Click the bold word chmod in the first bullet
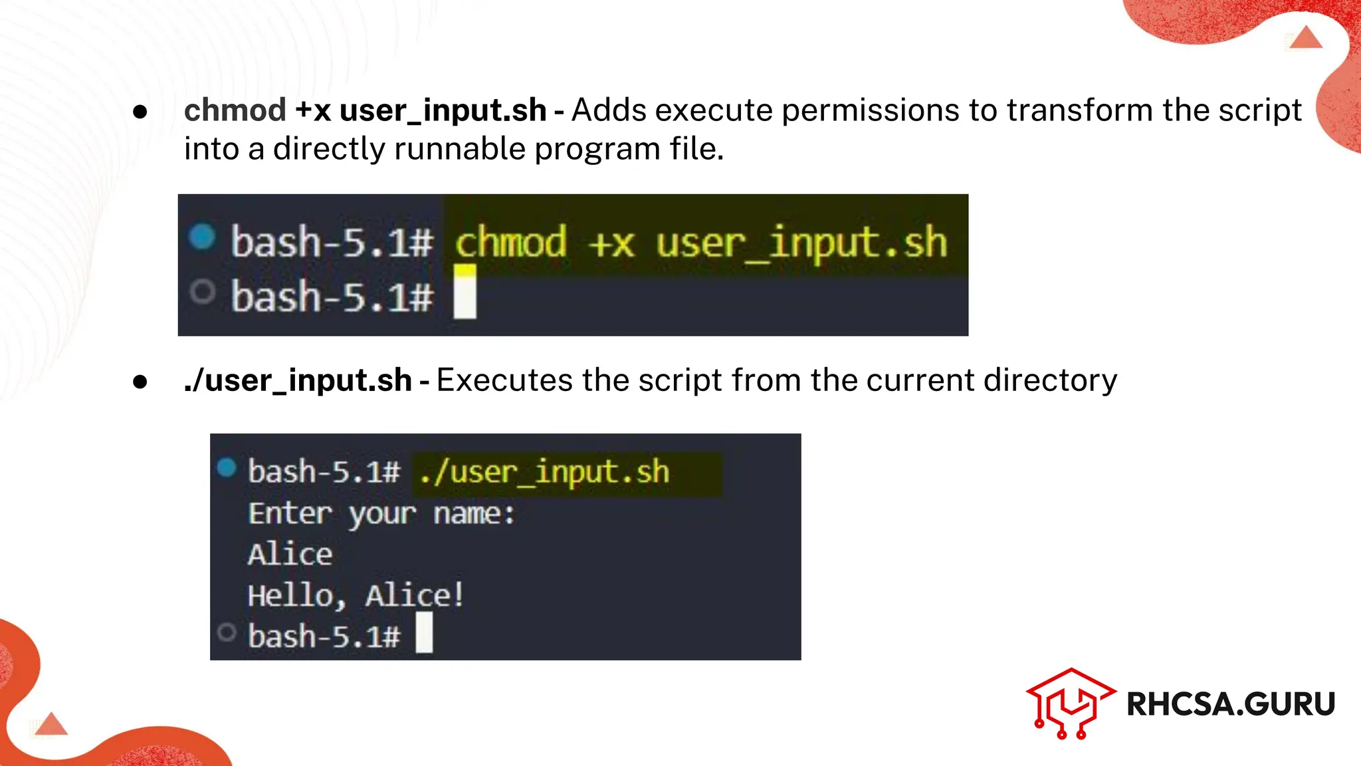click(235, 110)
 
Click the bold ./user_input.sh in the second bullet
click(298, 380)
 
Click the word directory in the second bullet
click(1051, 380)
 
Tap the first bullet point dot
click(140, 112)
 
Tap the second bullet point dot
click(140, 382)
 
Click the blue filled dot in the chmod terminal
click(202, 236)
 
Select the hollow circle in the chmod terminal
click(202, 291)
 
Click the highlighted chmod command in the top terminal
click(700, 242)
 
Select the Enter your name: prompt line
click(381, 513)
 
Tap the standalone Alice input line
click(290, 554)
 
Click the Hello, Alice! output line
click(356, 595)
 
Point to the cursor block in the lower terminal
click(424, 632)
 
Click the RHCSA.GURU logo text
click(1231, 704)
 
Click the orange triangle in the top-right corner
click(1307, 37)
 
